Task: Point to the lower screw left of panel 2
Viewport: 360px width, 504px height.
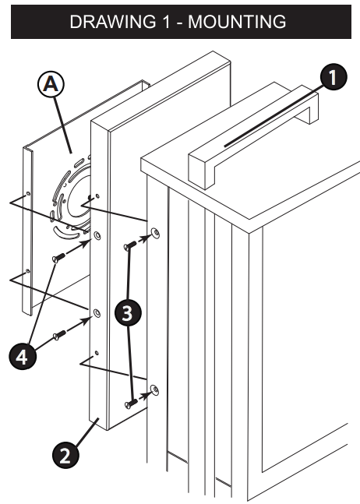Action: coord(58,336)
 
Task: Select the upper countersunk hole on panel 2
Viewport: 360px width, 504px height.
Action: coord(97,234)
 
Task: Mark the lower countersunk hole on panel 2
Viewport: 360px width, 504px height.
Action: coord(97,313)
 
